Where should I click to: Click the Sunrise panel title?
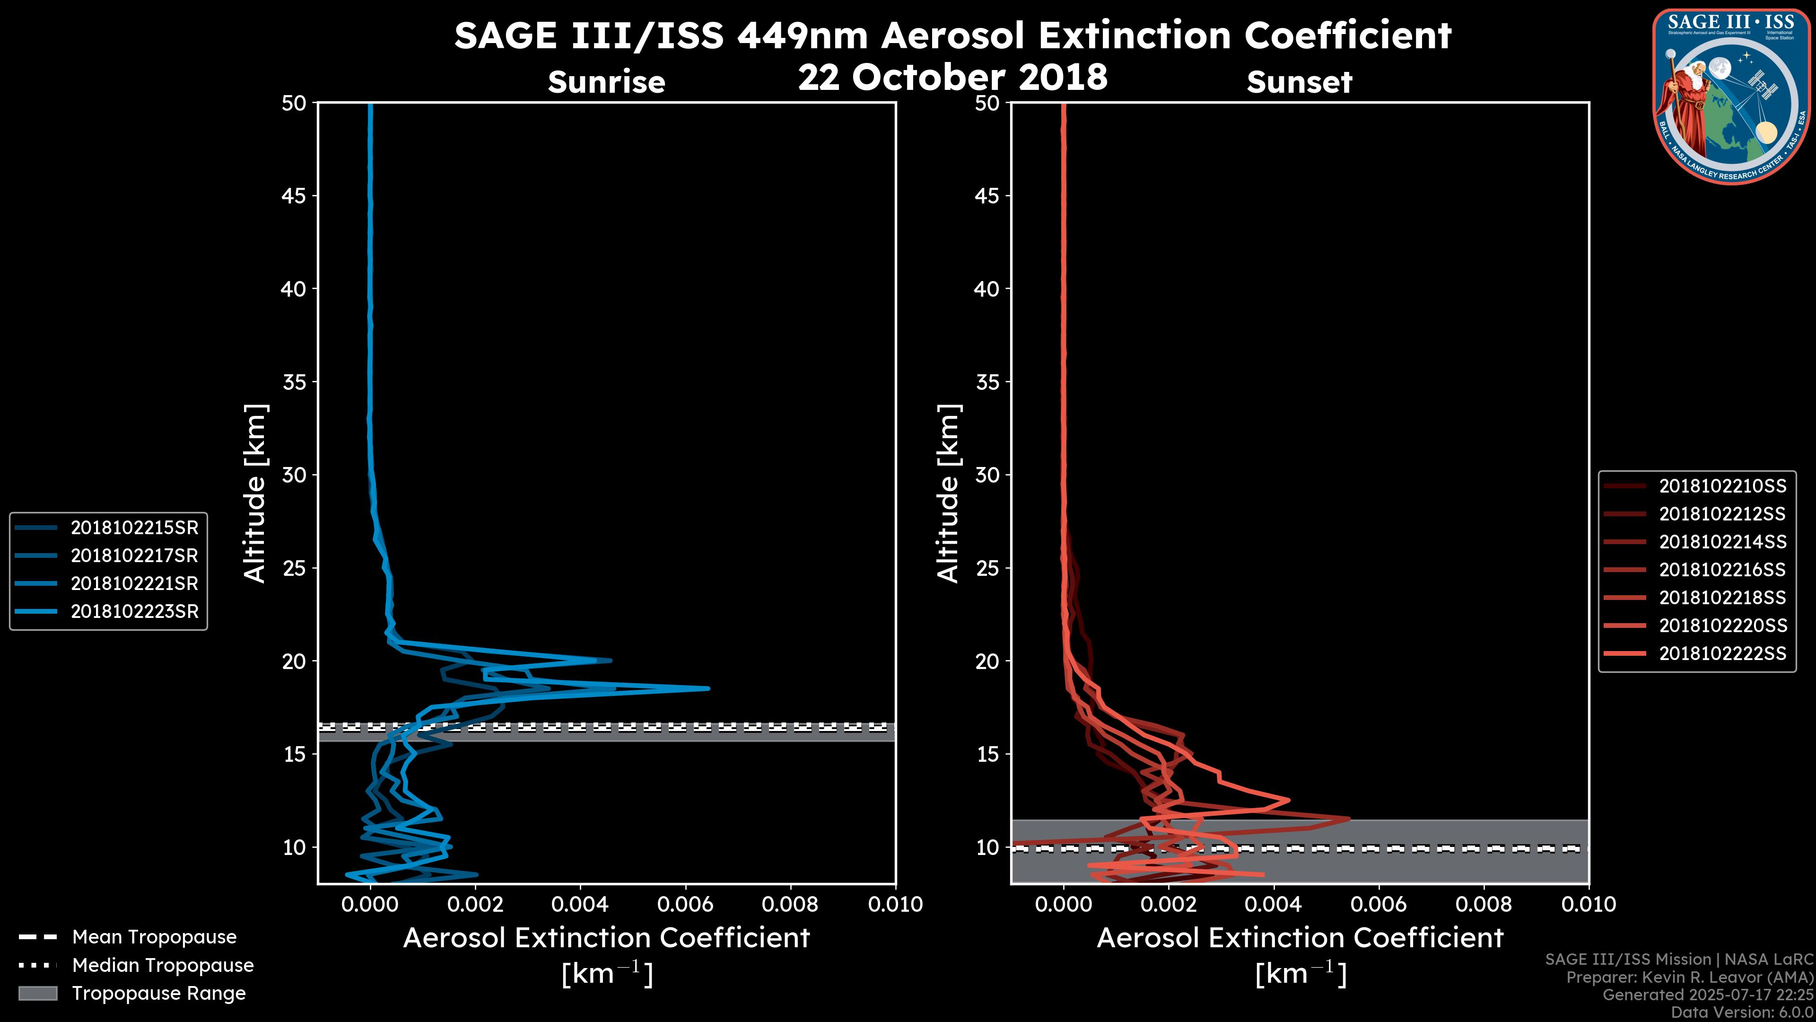(606, 82)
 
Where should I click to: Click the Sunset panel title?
(1299, 82)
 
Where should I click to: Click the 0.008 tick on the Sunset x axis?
(1484, 904)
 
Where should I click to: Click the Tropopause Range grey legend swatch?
(38, 994)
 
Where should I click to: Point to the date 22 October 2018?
(952, 77)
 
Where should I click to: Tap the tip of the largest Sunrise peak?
(708, 687)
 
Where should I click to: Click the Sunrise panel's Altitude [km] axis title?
(255, 493)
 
